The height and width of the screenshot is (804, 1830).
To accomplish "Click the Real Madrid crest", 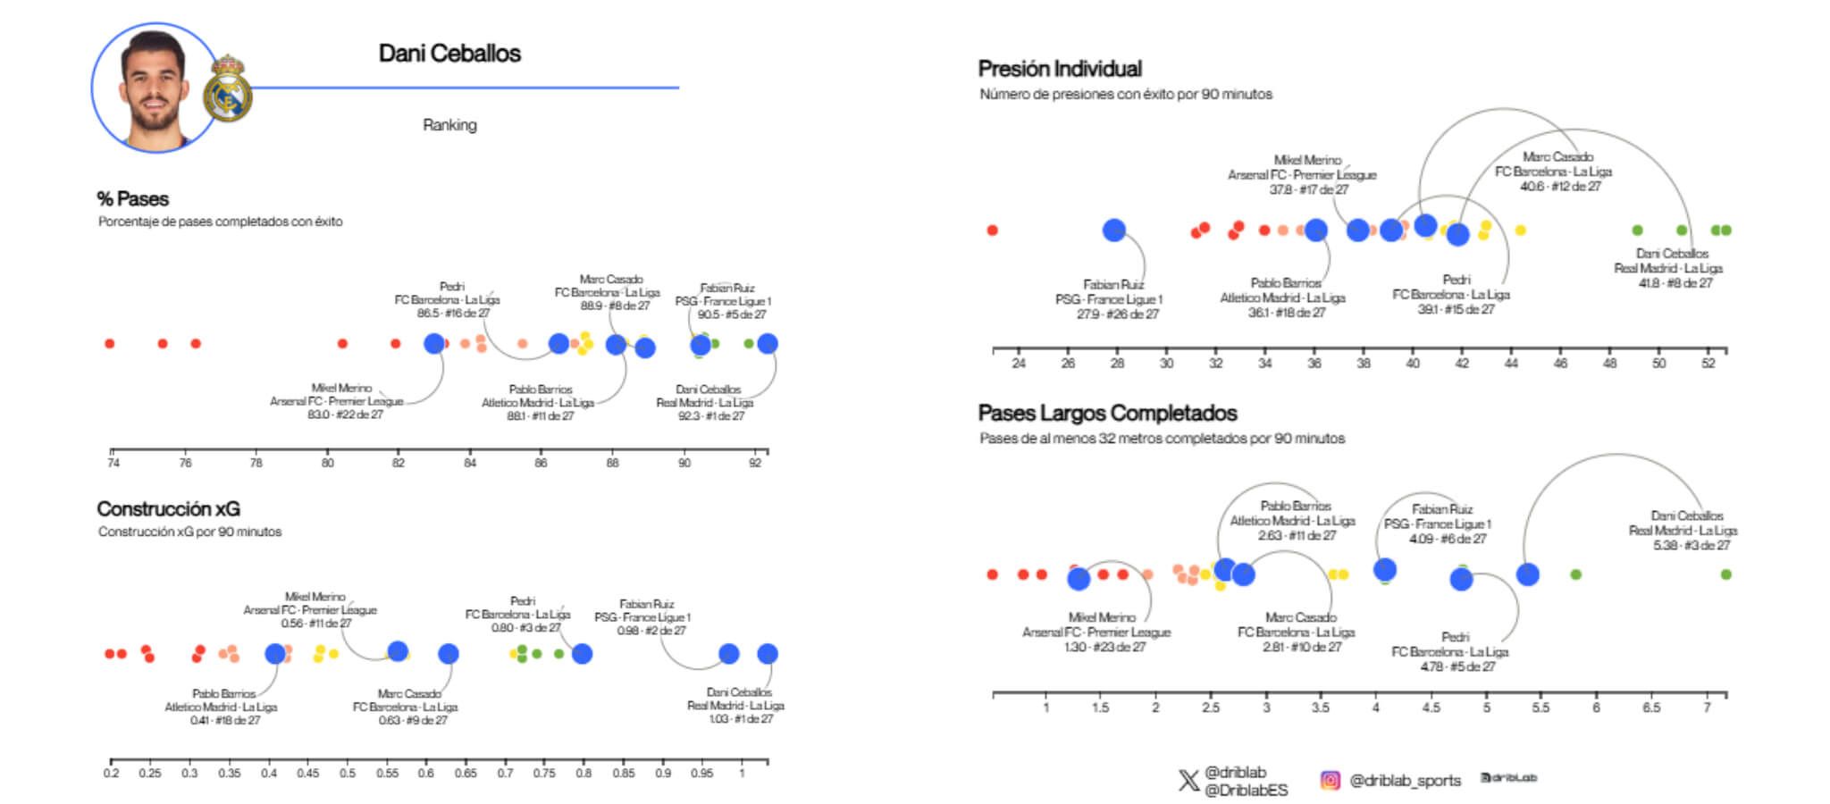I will (x=228, y=89).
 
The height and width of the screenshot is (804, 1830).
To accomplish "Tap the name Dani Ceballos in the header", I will (x=449, y=54).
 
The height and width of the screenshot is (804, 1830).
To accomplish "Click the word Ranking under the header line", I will (x=449, y=125).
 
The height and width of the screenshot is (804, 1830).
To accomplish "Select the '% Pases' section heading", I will (x=132, y=199).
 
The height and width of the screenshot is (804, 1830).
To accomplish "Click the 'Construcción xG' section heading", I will (x=168, y=509).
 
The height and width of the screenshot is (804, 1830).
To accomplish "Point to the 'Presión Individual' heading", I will (x=1060, y=69).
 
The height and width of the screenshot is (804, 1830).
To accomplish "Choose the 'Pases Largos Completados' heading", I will (x=1107, y=413).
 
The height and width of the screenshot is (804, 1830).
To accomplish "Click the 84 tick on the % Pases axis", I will (x=470, y=462).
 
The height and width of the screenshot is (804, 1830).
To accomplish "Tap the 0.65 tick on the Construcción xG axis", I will (x=466, y=773).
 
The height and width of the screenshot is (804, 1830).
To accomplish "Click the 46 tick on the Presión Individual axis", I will (x=1560, y=364).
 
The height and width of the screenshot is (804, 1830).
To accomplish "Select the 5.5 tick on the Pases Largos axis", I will (x=1540, y=708).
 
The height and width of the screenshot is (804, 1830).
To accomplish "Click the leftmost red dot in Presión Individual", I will (x=992, y=230).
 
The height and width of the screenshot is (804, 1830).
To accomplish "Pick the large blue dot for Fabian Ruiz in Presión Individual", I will (x=1113, y=230).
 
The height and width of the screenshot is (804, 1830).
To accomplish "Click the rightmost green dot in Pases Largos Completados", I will (x=1725, y=574).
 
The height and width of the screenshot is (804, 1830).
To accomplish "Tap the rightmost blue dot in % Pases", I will (x=767, y=344).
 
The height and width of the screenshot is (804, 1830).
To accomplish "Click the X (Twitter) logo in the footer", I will (x=1188, y=781).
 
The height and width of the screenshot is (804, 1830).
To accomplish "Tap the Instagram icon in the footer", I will (x=1330, y=781).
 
